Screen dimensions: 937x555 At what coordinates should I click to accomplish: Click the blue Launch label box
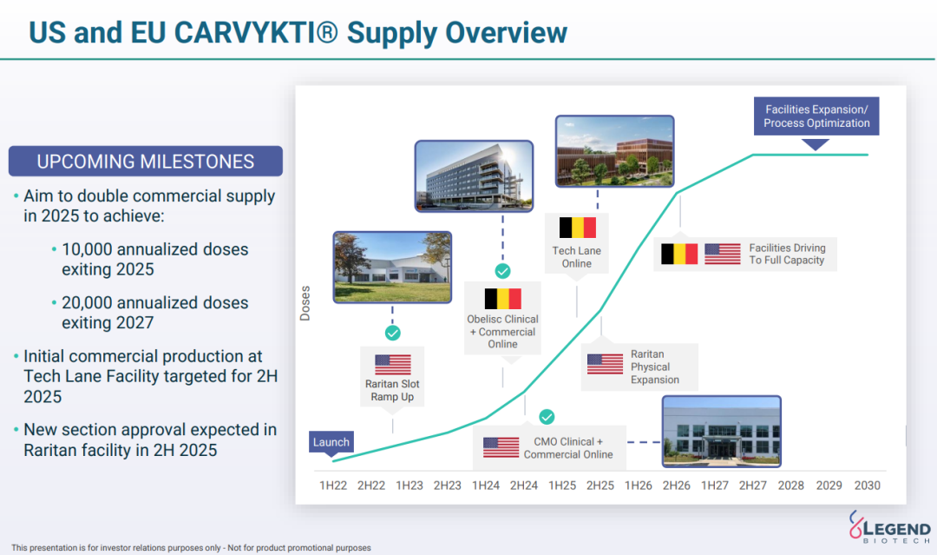tap(331, 442)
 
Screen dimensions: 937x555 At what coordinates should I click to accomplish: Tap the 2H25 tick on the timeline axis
tap(600, 486)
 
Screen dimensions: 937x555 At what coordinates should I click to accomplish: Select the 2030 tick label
tap(867, 486)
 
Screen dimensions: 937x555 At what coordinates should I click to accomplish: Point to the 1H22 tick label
tap(333, 486)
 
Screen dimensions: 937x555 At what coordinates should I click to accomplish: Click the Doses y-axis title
tap(305, 303)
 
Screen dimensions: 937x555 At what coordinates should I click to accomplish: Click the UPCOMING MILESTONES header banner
tap(145, 161)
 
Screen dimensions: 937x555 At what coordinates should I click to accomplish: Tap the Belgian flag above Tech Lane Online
tap(577, 228)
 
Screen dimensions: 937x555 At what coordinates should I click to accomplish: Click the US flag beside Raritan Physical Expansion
tap(605, 364)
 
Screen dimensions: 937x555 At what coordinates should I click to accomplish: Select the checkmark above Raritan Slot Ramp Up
tap(393, 334)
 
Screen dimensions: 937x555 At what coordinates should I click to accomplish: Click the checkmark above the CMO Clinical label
tap(547, 417)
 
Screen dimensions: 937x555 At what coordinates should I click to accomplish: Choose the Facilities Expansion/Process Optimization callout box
tap(816, 116)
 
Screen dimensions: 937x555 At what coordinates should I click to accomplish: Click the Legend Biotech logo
tap(889, 527)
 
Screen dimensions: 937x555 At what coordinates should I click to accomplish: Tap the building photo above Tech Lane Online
tap(615, 151)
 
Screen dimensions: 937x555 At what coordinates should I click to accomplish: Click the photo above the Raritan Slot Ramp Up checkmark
tap(393, 268)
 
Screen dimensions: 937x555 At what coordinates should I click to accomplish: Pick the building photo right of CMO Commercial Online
tap(721, 431)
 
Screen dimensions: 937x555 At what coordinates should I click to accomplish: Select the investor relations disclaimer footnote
tap(191, 548)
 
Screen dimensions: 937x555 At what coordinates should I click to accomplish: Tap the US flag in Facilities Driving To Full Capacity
tap(723, 254)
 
